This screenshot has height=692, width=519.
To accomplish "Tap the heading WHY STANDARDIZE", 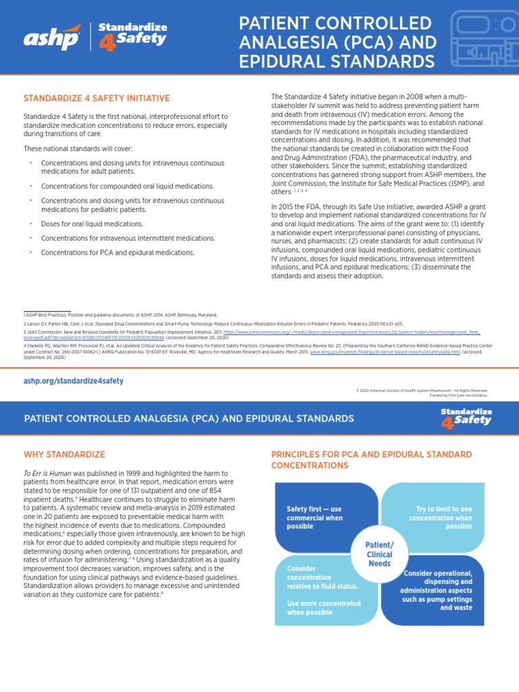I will (64, 454).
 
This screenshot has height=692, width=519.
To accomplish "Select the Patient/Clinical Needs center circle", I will (379, 554).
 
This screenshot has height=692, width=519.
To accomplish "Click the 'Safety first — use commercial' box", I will (315, 518).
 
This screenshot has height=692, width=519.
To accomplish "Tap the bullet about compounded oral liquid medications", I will (127, 186).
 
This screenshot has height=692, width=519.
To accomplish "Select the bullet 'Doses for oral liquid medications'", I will (92, 223).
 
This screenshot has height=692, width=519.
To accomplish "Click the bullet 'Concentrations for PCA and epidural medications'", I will (118, 252).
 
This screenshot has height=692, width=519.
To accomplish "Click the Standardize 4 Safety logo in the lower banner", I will (466, 418).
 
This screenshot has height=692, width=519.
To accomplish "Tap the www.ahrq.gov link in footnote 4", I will (385, 352).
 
